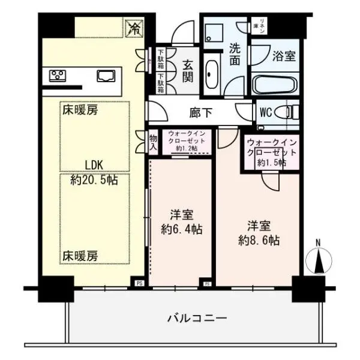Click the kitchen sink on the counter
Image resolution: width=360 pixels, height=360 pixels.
(x=106, y=76)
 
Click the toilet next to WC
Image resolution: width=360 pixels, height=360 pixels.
(x=290, y=112)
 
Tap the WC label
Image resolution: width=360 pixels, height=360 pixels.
(x=265, y=112)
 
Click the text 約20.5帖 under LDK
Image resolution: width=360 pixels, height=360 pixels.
(x=94, y=180)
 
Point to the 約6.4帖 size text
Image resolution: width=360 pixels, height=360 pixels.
(x=181, y=229)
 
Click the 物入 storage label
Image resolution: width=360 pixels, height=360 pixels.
(x=153, y=142)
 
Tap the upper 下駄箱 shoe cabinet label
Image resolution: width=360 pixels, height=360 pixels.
(x=161, y=59)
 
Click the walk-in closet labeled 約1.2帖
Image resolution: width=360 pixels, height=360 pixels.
(x=187, y=141)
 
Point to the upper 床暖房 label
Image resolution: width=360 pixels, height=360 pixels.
(x=79, y=110)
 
